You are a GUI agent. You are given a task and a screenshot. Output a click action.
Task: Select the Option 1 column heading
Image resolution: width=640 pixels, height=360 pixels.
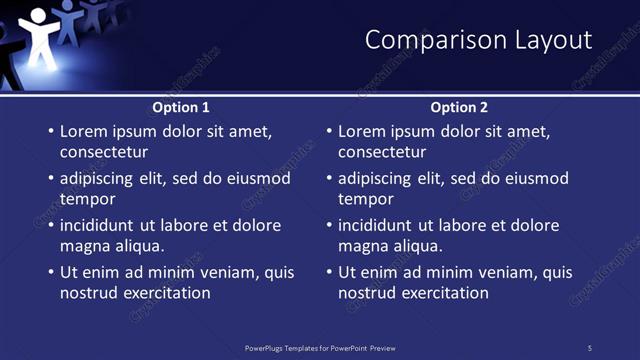(x=181, y=107)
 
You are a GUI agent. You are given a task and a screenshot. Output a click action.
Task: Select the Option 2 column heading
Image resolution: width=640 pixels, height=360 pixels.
(x=459, y=107)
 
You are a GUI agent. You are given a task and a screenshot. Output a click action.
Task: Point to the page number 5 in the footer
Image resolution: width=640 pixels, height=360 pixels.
(x=589, y=347)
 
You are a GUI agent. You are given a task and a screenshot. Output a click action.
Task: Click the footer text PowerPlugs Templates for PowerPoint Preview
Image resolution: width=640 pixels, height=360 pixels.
(x=319, y=347)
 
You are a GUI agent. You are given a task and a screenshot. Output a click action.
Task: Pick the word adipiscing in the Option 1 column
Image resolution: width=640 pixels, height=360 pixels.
(x=101, y=178)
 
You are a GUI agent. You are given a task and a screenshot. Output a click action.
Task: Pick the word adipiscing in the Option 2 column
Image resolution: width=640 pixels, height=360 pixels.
(x=379, y=178)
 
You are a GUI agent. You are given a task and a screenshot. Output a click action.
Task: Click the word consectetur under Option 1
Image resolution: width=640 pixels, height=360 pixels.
(x=104, y=152)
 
